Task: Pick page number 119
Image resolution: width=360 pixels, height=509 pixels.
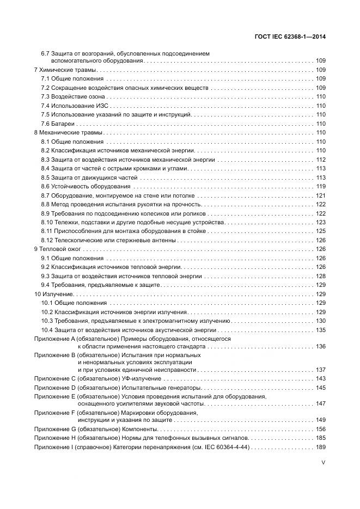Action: [x=321, y=186]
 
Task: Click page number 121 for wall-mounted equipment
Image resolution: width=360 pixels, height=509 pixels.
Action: [x=321, y=195]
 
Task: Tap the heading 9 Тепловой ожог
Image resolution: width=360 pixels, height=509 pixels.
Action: [x=58, y=249]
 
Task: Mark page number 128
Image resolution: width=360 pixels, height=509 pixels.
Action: [x=321, y=276]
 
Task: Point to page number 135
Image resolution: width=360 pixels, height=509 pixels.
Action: [x=321, y=330]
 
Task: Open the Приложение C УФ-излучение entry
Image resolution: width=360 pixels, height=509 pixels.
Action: [x=97, y=378]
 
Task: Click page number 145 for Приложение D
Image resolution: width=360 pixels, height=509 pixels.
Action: [x=321, y=388]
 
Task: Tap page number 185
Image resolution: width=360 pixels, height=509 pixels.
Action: [x=321, y=438]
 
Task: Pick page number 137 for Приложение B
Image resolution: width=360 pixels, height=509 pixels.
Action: [x=321, y=370]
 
